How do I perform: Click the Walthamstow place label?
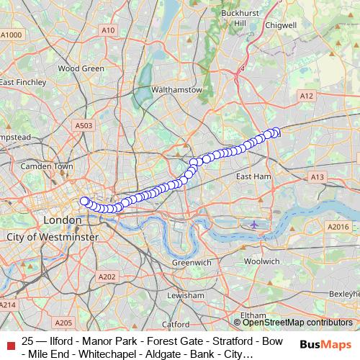pos(174,90)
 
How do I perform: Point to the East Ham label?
pos(253,176)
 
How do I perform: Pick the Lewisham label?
pos(185,296)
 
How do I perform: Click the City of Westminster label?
pos(47,237)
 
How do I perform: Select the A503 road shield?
pos(84,125)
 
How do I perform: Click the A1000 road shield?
pos(12,35)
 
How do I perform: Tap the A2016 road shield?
pos(338,227)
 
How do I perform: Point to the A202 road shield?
pos(107,276)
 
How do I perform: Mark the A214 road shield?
pos(8,306)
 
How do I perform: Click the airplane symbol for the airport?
pos(254,225)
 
